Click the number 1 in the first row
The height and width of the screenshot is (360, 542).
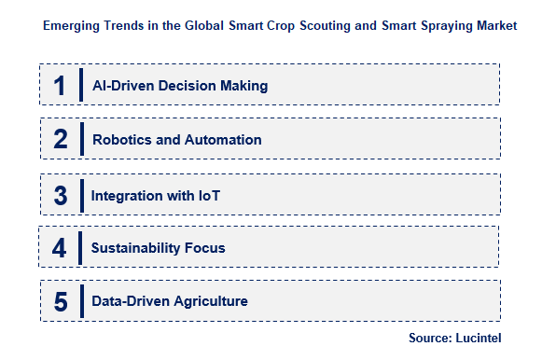(60, 86)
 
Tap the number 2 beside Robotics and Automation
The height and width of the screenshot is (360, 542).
(61, 140)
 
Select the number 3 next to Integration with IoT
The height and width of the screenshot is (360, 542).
(60, 195)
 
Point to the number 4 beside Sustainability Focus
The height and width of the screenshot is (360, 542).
(60, 248)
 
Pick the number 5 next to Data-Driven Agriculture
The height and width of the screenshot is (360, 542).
(60, 302)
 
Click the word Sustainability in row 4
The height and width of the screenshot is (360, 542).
(135, 248)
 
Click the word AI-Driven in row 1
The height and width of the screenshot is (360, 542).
(124, 86)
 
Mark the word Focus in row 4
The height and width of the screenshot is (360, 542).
(204, 248)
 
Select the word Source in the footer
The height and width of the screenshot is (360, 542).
(430, 337)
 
